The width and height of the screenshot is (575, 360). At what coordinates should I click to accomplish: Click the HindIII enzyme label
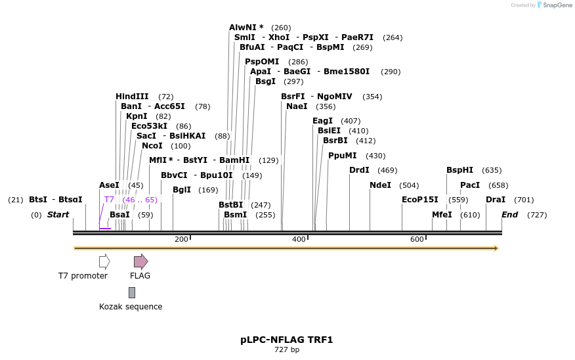[132, 97]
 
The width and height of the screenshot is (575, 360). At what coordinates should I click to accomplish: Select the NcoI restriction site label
[152, 146]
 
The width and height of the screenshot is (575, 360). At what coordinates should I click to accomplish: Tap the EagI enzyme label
[322, 121]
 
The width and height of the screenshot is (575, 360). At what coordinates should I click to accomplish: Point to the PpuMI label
[342, 156]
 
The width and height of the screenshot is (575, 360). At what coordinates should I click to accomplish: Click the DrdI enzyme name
[359, 170]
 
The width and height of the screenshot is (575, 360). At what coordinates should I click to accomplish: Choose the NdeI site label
[380, 185]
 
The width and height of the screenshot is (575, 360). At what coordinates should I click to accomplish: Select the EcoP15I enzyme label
[419, 200]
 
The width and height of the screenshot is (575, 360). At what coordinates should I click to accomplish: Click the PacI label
[469, 185]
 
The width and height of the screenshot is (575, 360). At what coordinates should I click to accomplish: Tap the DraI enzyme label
[496, 200]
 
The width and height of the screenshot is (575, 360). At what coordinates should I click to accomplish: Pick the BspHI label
[459, 170]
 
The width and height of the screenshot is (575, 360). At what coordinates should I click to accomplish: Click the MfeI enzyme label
[442, 215]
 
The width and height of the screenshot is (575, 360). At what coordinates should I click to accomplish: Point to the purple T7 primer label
[109, 200]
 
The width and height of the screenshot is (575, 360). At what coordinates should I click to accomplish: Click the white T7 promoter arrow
[104, 261]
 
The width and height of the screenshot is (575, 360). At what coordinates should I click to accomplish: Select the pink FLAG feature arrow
[140, 261]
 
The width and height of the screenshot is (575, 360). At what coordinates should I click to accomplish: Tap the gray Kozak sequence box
[132, 292]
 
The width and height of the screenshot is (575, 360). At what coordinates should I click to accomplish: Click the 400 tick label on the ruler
[299, 240]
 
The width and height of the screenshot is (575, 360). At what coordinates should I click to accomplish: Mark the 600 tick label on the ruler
[417, 240]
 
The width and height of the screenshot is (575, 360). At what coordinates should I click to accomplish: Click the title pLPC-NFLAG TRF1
[287, 340]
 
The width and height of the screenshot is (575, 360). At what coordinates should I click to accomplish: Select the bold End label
[509, 215]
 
